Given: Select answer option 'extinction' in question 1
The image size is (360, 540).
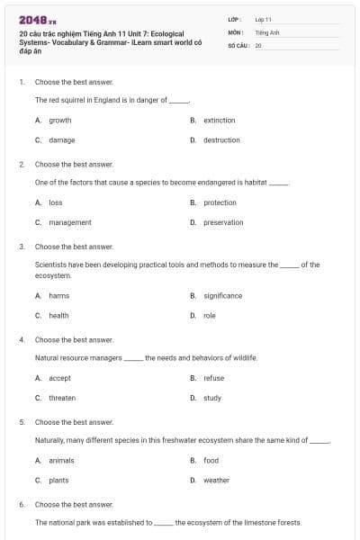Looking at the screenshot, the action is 219,120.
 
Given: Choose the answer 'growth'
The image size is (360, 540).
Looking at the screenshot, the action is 60,120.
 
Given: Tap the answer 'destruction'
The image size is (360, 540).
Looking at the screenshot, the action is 221,139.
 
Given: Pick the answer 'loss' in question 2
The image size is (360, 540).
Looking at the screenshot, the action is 56,202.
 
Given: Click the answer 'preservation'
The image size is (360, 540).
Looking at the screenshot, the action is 223,222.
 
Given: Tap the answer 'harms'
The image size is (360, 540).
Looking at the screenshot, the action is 59,295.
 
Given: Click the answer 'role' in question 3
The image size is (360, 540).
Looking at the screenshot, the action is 210,315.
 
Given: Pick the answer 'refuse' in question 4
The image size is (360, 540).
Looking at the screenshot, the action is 213,378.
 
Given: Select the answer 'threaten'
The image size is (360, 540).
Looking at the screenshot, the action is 62,398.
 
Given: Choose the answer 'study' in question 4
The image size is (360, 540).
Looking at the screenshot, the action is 212,398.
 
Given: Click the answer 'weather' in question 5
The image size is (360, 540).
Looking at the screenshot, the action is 216,480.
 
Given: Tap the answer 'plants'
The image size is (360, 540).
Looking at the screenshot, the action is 58,480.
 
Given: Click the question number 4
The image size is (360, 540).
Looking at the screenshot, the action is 22,340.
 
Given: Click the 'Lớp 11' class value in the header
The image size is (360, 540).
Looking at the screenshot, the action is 263,19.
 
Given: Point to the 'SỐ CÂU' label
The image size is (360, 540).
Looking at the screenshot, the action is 238,44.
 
